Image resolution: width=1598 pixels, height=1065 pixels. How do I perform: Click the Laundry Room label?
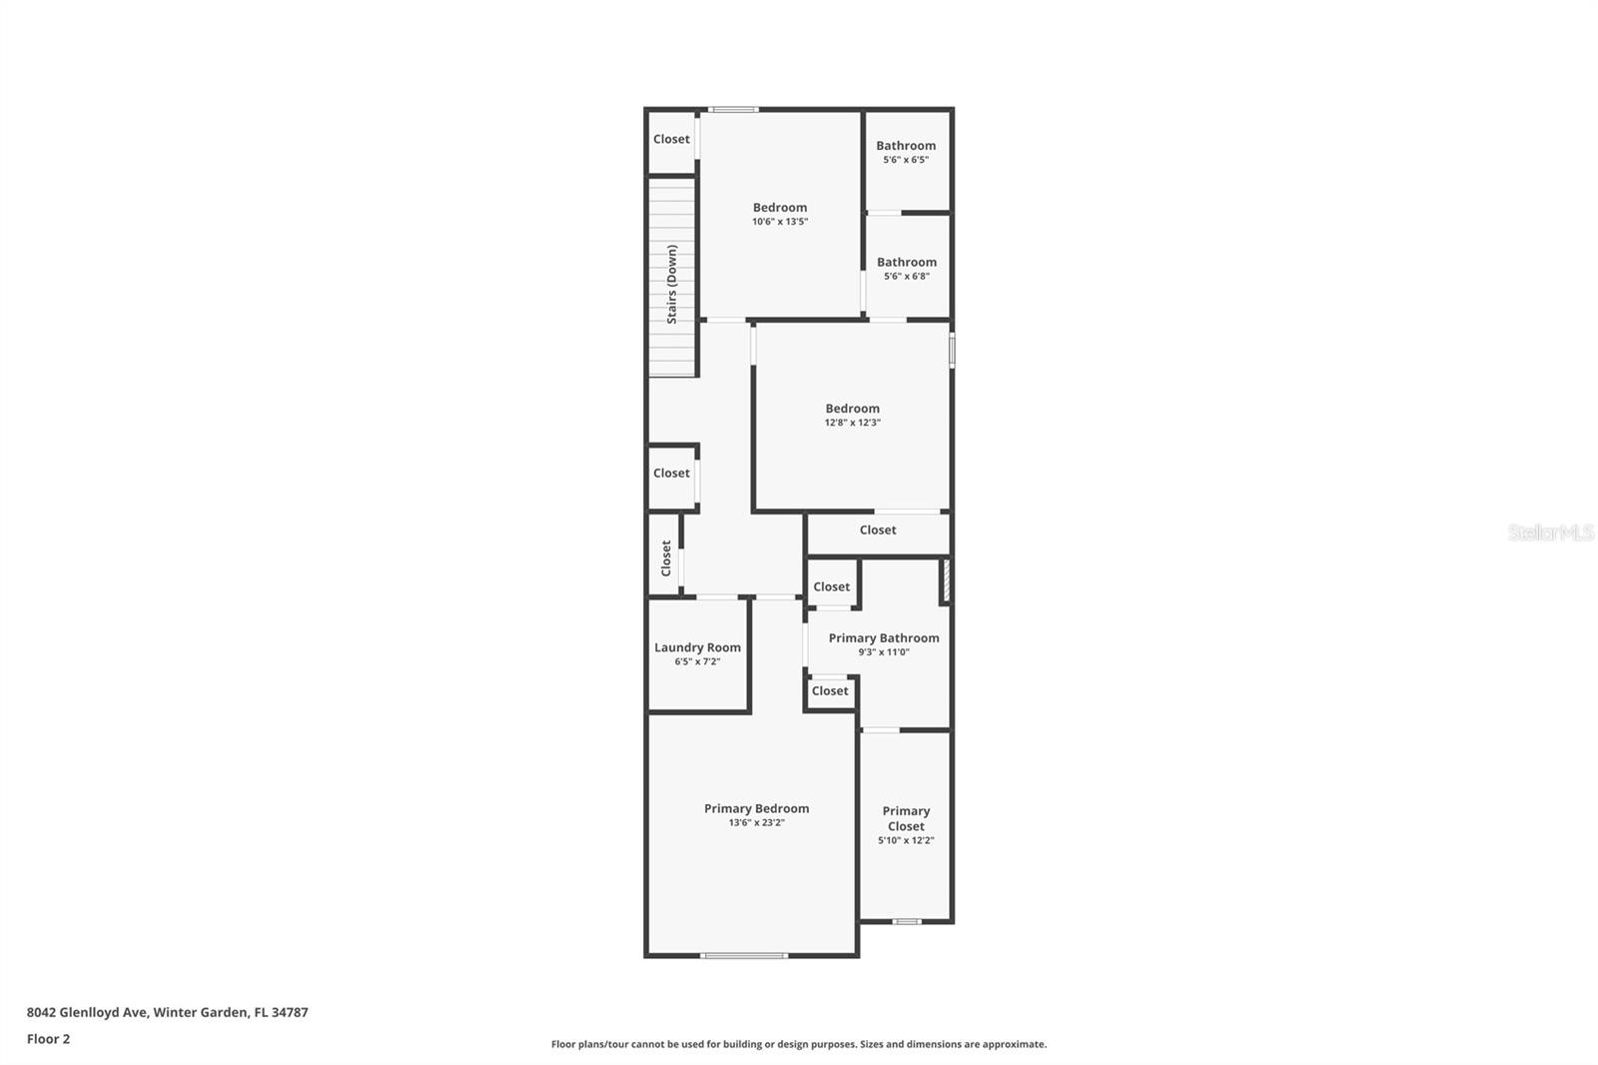click(x=697, y=647)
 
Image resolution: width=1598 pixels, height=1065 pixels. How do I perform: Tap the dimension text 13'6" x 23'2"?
click(x=756, y=823)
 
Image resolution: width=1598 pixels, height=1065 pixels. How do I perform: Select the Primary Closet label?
click(x=906, y=818)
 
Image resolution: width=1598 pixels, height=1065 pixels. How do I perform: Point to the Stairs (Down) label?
click(x=672, y=284)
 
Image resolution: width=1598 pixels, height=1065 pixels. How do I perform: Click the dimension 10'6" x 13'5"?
click(x=780, y=222)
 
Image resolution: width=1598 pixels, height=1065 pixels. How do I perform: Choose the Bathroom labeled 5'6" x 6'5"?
click(x=906, y=146)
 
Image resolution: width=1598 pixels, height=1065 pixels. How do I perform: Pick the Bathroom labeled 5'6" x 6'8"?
click(x=906, y=263)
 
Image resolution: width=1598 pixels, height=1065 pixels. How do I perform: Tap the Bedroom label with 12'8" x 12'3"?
click(x=852, y=409)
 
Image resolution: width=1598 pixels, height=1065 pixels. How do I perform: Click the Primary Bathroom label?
click(x=883, y=638)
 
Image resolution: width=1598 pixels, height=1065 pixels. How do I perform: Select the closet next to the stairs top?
click(x=671, y=140)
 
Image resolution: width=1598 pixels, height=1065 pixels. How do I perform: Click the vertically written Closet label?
click(x=666, y=558)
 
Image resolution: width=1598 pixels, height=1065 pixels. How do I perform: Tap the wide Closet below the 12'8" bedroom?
click(x=878, y=531)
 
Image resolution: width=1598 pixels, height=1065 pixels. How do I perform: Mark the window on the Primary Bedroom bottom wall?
click(x=744, y=956)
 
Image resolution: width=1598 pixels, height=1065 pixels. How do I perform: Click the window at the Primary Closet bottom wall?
click(x=906, y=921)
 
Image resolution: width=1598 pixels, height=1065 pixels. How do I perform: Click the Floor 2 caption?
click(x=48, y=1039)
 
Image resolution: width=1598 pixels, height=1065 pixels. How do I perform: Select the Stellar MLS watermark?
click(x=1550, y=532)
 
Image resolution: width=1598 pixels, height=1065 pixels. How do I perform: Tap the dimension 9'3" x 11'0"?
click(x=883, y=652)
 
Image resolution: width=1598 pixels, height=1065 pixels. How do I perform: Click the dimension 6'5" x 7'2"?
click(x=697, y=661)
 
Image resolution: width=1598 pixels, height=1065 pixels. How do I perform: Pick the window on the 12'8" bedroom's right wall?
click(x=952, y=351)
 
